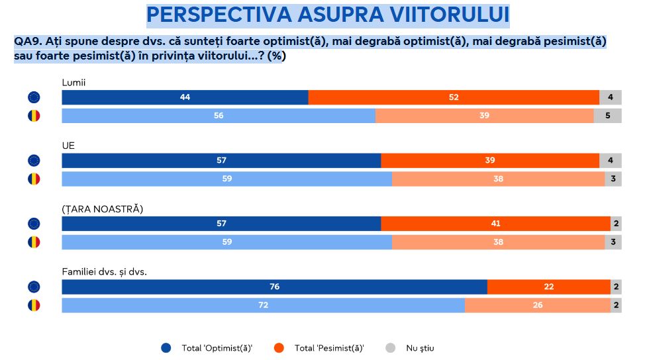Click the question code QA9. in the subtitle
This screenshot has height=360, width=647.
(x=28, y=41)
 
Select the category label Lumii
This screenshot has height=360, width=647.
(x=74, y=82)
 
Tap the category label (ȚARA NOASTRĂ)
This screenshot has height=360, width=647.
(x=103, y=208)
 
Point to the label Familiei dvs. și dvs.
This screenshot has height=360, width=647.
(x=104, y=272)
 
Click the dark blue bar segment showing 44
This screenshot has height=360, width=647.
(x=185, y=97)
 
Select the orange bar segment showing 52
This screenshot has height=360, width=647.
(x=454, y=97)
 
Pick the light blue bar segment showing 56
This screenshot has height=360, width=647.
(x=219, y=115)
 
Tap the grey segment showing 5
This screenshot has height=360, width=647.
(x=607, y=115)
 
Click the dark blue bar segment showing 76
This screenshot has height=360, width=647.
(x=274, y=287)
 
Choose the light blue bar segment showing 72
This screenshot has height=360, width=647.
(x=263, y=305)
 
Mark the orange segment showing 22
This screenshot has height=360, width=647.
(x=548, y=287)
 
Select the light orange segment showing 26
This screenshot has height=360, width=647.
(x=537, y=305)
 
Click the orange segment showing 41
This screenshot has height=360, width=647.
(x=495, y=224)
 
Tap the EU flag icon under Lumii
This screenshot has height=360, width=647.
(x=34, y=97)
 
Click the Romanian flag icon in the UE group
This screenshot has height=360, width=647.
(x=34, y=179)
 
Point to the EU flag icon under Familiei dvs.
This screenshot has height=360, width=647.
(x=34, y=287)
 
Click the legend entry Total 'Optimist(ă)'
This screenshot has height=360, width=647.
(x=207, y=348)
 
